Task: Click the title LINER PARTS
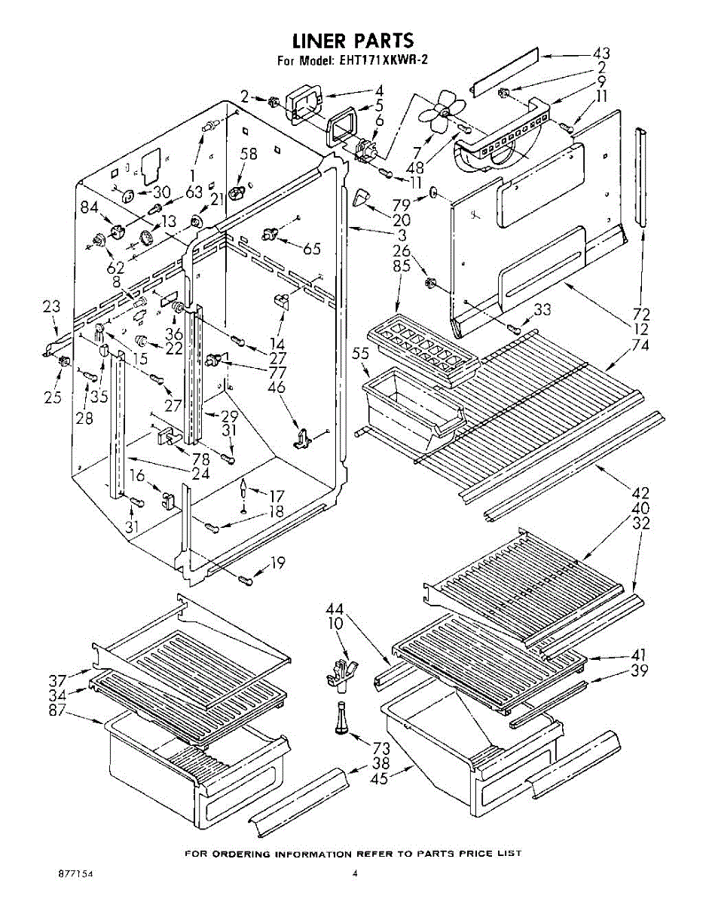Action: [x=353, y=40]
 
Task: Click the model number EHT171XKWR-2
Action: [x=384, y=61]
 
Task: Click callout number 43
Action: [x=601, y=54]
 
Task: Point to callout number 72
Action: [x=642, y=313]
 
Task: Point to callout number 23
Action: [x=51, y=306]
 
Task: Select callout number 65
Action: [x=312, y=249]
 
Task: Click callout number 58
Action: [x=249, y=155]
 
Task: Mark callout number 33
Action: [x=542, y=309]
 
